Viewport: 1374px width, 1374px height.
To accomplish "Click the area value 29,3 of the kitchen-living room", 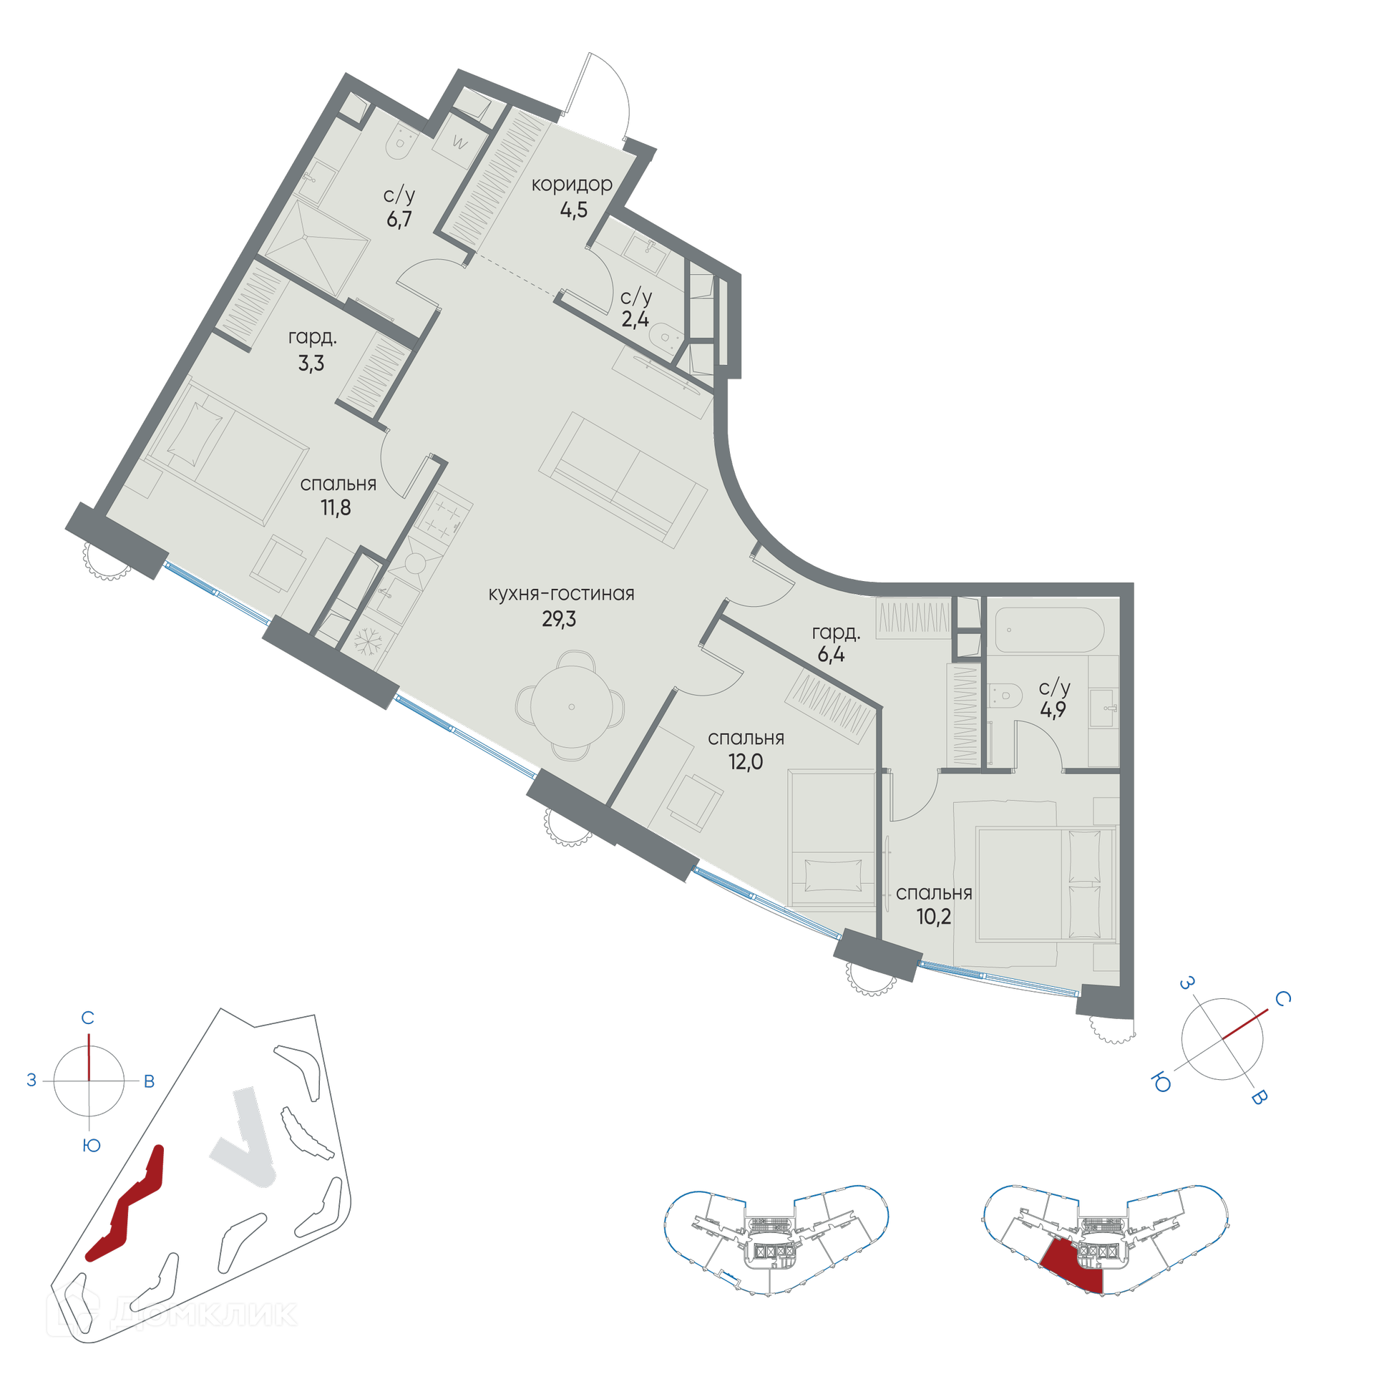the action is pos(558,619).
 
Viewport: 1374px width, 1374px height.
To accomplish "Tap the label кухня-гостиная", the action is pos(561,594).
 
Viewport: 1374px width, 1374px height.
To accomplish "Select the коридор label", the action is pos(572,185).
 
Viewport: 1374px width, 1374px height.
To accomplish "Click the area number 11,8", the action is pos(336,508).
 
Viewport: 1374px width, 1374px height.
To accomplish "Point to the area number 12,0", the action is pos(746,762).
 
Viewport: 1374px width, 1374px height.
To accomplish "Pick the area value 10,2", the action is pos(934,917).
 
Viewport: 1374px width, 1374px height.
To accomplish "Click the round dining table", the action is pos(571,706).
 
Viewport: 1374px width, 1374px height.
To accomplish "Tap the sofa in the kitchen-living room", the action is pos(623,480).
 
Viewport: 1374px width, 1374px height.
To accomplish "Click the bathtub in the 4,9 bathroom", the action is pos(1049,630).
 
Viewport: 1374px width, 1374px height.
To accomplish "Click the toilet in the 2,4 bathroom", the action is pos(666,336).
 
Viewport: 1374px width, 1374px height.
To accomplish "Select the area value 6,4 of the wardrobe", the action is pos(831,655).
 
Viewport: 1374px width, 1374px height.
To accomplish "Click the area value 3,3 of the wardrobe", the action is pos(311,364).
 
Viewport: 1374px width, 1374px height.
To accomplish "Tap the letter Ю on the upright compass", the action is pos(91,1145).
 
